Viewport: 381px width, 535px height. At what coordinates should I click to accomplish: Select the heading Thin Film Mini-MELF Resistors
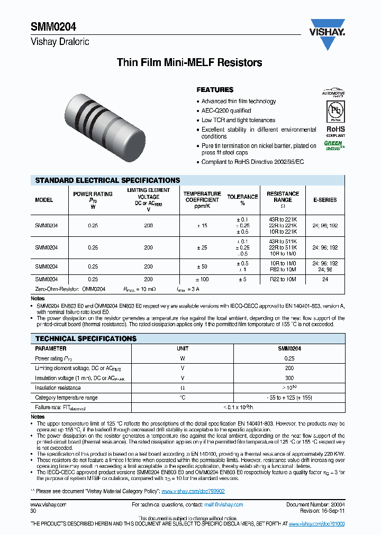coord(189,63)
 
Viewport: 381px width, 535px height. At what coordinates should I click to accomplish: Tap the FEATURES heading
coord(215,90)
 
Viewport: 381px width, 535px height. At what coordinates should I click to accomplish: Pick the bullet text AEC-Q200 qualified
coord(226,110)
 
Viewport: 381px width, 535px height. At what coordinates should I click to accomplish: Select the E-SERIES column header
coord(325,200)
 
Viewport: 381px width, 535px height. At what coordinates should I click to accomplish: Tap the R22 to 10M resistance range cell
coord(283,279)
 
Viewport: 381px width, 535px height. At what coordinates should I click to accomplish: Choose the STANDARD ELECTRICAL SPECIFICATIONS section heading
coord(107,180)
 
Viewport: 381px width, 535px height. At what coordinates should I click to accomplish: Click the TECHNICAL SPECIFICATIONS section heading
coord(86,338)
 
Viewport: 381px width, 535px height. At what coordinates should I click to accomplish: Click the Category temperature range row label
coord(66,398)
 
